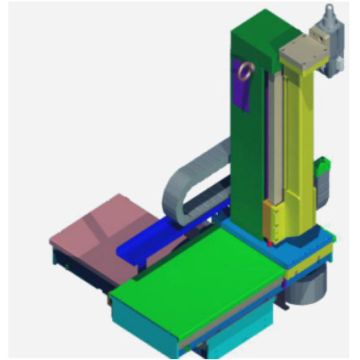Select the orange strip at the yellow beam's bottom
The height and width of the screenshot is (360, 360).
(268, 215)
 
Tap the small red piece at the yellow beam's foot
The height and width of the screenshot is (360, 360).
(270, 240)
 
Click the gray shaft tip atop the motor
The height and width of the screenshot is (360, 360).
(326, 8)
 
